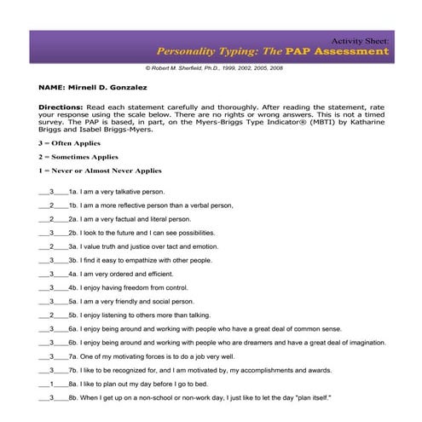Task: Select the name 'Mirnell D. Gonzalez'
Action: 113,88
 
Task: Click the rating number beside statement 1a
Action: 53,193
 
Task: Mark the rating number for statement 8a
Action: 53,384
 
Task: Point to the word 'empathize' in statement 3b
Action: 136,260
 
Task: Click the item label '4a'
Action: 73,274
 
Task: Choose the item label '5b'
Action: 73,315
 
